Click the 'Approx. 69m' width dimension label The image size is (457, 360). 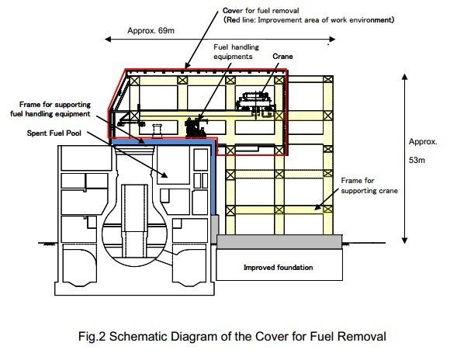pyautogui.click(x=151, y=30)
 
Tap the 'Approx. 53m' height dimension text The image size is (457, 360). pyautogui.click(x=423, y=151)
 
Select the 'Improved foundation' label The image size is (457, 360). pyautogui.click(x=278, y=268)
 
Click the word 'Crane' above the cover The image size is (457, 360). pyautogui.click(x=282, y=57)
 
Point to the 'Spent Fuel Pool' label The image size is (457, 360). pyautogui.click(x=54, y=133)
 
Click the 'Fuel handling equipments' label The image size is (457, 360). pyautogui.click(x=236, y=52)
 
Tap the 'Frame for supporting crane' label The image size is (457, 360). pyautogui.click(x=369, y=185)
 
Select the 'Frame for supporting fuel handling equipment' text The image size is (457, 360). pyautogui.click(x=50, y=109)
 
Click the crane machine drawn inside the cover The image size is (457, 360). pyautogui.click(x=255, y=104)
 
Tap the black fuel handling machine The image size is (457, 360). pyautogui.click(x=196, y=127)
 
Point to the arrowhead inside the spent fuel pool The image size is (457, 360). pyautogui.click(x=164, y=175)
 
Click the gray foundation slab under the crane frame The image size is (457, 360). pyautogui.click(x=279, y=241)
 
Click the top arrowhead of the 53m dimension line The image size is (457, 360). pyautogui.click(x=404, y=77)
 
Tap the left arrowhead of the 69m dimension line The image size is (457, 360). pyautogui.click(x=108, y=39)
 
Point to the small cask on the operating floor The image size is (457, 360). pyautogui.click(x=157, y=130)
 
